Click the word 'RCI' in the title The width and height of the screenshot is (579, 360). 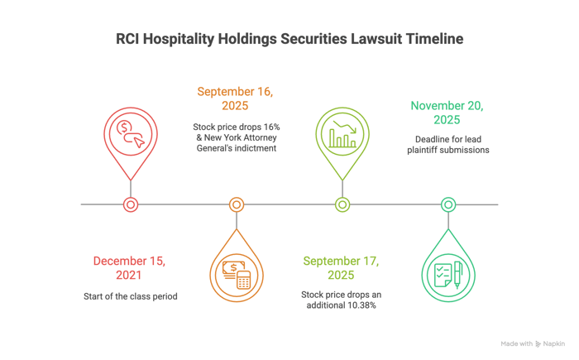pos(127,39)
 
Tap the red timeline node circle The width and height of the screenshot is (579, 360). pos(131,204)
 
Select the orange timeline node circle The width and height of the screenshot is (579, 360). pos(237,204)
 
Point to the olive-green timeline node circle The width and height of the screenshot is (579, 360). pos(342,204)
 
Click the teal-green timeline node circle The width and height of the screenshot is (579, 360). pos(448,204)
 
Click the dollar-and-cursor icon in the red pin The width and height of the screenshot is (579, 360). pos(131,135)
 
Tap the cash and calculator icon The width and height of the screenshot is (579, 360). pos(237,275)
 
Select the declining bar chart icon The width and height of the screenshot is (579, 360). pos(342,134)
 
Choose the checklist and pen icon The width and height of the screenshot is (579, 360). pos(448,275)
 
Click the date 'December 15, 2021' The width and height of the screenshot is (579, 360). pos(129,268)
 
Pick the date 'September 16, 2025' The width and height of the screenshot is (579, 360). pos(235,98)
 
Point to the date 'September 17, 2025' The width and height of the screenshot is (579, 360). pos(341,268)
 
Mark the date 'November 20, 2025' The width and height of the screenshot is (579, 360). pos(447,113)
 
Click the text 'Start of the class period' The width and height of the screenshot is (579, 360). pos(131,296)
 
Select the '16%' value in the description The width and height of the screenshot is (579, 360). pos(271,127)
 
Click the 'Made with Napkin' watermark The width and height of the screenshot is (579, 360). pos(533,343)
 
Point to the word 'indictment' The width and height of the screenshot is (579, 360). pos(256,148)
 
